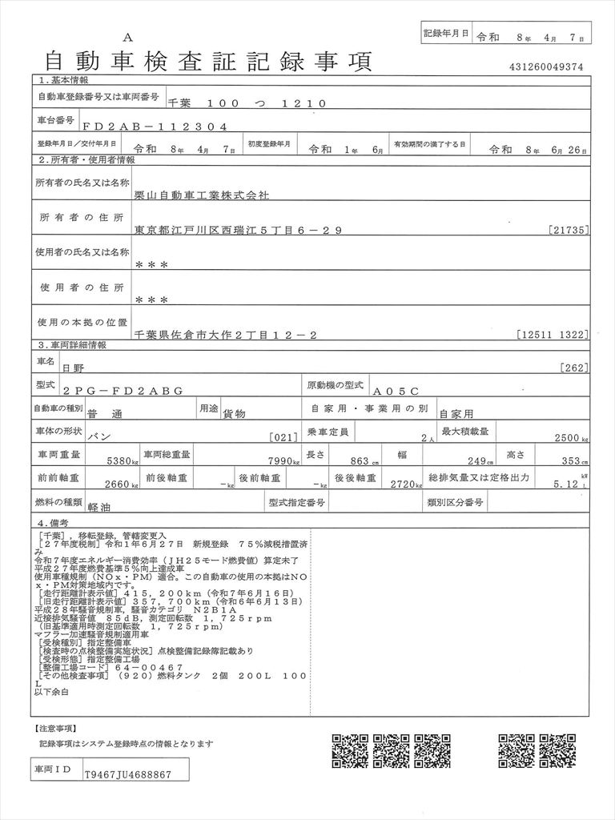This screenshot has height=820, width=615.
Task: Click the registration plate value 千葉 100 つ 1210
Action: point(247,103)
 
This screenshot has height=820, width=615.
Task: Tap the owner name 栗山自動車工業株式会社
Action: point(203,195)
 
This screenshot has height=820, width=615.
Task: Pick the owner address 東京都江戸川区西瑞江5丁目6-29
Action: point(239,231)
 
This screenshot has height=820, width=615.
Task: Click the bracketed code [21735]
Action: point(570,231)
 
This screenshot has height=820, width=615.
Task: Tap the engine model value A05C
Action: point(395,390)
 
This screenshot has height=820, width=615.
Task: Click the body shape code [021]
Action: point(286,438)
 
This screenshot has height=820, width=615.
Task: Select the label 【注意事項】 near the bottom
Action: point(54,729)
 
